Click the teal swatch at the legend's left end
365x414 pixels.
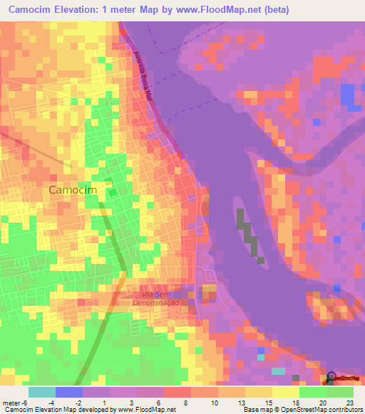click(42, 392)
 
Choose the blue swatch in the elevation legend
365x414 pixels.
click(69, 392)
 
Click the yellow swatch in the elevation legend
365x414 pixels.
click(286, 392)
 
